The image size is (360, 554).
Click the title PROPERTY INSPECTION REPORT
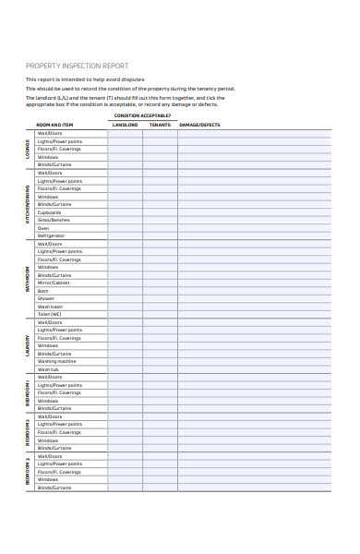coord(77,66)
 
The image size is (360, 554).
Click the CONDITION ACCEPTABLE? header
coord(142,115)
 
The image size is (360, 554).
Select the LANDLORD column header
coord(125,124)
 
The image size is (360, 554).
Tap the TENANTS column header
coord(160,124)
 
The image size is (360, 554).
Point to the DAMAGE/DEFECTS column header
coord(199,124)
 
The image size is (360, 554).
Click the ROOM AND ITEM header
coord(55,124)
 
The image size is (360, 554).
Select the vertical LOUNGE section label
coord(27,149)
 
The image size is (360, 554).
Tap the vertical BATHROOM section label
coord(27,279)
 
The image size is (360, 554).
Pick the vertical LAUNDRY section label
coord(27,345)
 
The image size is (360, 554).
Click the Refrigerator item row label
coord(51,235)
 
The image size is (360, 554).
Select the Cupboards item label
coord(50,211)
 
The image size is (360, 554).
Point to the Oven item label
coord(43,228)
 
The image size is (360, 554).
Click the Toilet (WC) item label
coord(50,314)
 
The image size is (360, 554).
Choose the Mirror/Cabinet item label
coord(54,283)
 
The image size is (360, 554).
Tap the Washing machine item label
coord(56,361)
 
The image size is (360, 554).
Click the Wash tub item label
coord(48,369)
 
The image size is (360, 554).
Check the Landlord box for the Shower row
coord(125,298)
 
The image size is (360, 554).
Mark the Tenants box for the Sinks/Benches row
coord(160,220)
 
